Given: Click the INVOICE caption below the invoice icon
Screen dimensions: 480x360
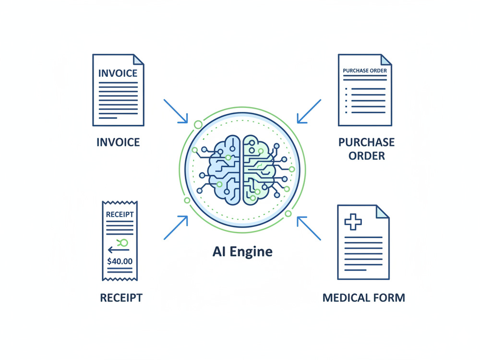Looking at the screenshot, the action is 118,143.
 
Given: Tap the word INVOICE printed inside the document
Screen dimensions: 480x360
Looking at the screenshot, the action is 118,73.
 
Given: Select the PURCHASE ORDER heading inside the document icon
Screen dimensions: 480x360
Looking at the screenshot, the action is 365,71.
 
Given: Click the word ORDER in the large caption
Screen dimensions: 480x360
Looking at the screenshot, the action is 366,156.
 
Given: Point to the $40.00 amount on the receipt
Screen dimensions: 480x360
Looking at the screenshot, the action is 120,261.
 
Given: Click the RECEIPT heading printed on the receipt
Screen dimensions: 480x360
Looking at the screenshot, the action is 120,214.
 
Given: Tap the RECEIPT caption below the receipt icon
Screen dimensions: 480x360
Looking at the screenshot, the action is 121,298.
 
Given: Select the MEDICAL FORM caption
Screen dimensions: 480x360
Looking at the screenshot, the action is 364,298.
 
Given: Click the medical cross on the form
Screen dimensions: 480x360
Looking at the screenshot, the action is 353,222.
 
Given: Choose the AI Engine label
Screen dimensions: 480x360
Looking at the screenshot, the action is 242,252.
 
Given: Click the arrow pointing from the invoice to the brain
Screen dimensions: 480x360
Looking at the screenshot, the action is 176,111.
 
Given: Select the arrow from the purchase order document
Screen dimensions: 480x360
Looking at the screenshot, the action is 309,111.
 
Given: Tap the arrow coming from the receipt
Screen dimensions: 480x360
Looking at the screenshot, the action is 176,228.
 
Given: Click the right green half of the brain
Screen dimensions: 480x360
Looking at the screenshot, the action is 259,170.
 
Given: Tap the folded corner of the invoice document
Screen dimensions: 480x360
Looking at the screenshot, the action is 138,60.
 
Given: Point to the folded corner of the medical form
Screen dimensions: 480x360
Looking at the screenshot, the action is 383,212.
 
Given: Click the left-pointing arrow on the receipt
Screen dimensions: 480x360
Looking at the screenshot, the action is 118,250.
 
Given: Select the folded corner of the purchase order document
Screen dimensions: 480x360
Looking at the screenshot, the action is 386,60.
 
